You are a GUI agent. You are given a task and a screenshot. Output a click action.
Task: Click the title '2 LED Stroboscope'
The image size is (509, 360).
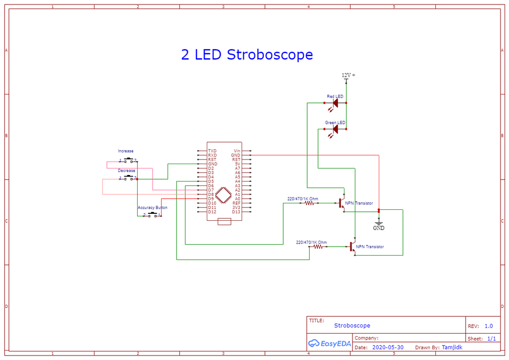tap(247, 55)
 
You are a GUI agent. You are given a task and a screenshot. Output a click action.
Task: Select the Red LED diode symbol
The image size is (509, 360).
tap(335, 103)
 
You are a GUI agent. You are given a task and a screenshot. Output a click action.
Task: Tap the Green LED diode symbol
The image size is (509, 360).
tap(335, 129)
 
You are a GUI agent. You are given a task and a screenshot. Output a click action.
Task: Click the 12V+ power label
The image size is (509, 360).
tap(348, 76)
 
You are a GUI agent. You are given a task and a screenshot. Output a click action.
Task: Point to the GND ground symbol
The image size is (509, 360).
tap(379, 226)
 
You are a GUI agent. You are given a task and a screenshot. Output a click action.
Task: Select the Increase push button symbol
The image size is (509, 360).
tap(128, 160)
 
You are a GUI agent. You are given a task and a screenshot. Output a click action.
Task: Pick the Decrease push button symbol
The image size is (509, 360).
tap(128, 178)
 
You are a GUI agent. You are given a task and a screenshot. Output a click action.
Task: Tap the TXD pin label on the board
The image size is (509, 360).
tap(212, 151)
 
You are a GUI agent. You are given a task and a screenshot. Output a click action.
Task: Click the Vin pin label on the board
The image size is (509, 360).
tap(237, 151)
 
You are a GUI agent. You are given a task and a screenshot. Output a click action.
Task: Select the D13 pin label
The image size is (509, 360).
tap(236, 212)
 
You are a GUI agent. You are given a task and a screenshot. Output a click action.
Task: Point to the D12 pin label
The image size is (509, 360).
tap(212, 212)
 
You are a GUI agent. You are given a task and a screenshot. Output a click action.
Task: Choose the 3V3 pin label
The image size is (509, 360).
tap(236, 207)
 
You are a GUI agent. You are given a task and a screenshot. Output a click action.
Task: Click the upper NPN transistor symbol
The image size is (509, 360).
tap(341, 203)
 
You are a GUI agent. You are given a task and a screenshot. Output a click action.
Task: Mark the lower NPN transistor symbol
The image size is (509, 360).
tap(352, 246)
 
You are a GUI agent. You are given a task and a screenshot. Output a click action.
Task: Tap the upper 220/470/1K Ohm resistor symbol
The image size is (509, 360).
tap(310, 203)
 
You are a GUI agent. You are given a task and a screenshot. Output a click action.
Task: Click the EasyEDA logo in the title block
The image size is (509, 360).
tap(329, 343)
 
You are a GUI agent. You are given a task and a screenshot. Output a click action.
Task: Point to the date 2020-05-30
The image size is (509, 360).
tap(388, 347)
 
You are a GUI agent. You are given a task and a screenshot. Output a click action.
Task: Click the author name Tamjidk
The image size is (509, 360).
tap(452, 347)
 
